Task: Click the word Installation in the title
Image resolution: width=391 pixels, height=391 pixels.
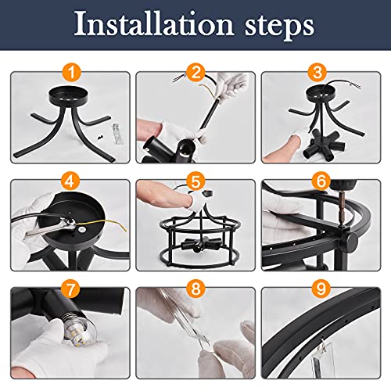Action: [154, 24]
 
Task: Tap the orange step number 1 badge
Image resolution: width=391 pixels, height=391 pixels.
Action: [72, 73]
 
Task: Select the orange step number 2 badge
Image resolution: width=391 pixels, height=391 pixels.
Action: [195, 73]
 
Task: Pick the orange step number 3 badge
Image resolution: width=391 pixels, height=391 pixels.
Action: [317, 73]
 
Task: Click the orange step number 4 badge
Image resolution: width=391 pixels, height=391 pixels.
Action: [70, 181]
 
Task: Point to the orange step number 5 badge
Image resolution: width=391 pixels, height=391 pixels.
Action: [195, 181]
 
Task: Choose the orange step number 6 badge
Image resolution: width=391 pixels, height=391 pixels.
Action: [321, 181]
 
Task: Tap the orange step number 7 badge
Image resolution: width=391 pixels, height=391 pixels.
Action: [70, 289]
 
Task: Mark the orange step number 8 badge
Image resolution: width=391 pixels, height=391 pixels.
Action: [195, 289]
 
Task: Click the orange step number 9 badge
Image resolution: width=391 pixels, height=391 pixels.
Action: [321, 289]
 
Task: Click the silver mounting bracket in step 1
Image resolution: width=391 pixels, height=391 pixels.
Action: [117, 134]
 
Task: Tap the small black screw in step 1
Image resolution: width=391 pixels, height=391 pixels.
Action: [99, 136]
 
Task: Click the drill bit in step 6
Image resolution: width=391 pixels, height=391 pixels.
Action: [341, 210]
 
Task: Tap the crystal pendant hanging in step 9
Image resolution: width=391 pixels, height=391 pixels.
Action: [323, 357]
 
